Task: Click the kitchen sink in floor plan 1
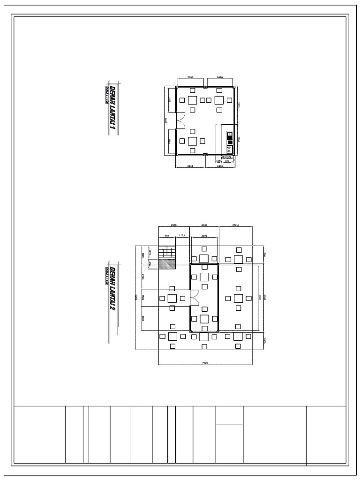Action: point(229,135)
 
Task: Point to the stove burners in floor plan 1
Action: point(229,149)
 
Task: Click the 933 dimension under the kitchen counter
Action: point(227,160)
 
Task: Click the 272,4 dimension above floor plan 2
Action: point(236,225)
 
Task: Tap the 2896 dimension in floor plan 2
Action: point(204,236)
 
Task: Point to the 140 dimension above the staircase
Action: point(165,236)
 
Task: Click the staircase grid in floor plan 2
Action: point(166,253)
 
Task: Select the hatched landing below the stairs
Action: point(166,264)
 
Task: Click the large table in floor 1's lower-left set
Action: point(193,141)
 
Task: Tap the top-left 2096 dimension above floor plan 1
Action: point(190,76)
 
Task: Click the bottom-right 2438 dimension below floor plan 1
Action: point(220,166)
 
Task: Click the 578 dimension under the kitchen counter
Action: point(229,157)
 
